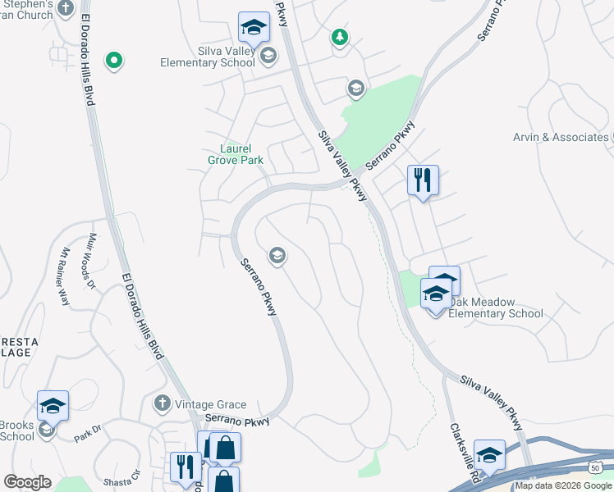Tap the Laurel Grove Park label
[241, 154]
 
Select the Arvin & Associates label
[561, 137]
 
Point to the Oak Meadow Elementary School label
[496, 313]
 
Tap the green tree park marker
[339, 37]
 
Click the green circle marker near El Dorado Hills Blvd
[114, 60]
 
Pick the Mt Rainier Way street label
[66, 276]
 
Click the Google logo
[27, 482]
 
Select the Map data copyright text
[563, 485]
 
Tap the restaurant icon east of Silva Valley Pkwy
[423, 180]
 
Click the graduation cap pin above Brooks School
[53, 405]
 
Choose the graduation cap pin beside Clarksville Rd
[489, 455]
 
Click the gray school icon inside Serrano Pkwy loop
[277, 256]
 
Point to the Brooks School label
[16, 430]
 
